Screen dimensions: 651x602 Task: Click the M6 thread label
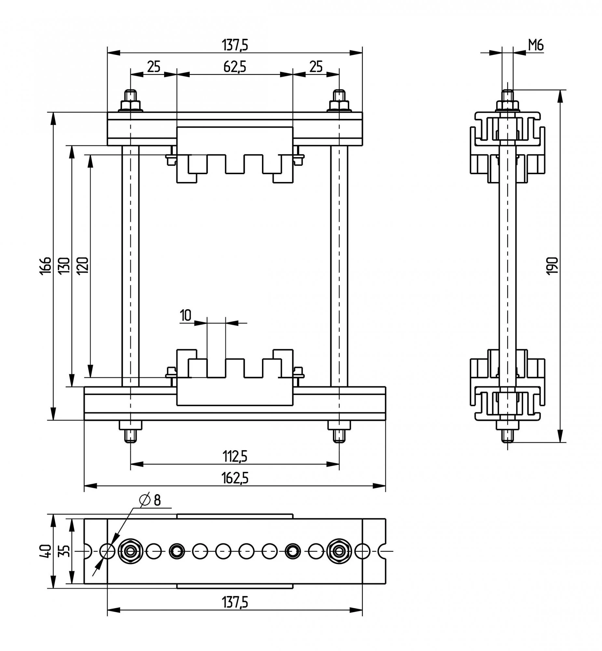point(536,45)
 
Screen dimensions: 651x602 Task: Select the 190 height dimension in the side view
point(553,266)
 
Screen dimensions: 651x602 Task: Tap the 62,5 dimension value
point(235,67)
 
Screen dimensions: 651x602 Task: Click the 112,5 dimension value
point(235,456)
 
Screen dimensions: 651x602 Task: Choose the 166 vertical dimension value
point(46,266)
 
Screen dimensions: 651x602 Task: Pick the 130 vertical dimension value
point(64,266)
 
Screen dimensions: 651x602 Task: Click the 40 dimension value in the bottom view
point(46,551)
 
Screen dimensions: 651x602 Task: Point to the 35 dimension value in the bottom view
point(65,551)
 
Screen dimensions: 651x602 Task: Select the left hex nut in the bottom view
point(130,551)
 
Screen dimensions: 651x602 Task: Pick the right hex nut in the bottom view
point(339,551)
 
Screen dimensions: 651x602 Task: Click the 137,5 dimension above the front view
point(235,45)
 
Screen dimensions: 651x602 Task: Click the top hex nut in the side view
point(507,105)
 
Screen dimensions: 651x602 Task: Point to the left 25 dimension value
point(154,67)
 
